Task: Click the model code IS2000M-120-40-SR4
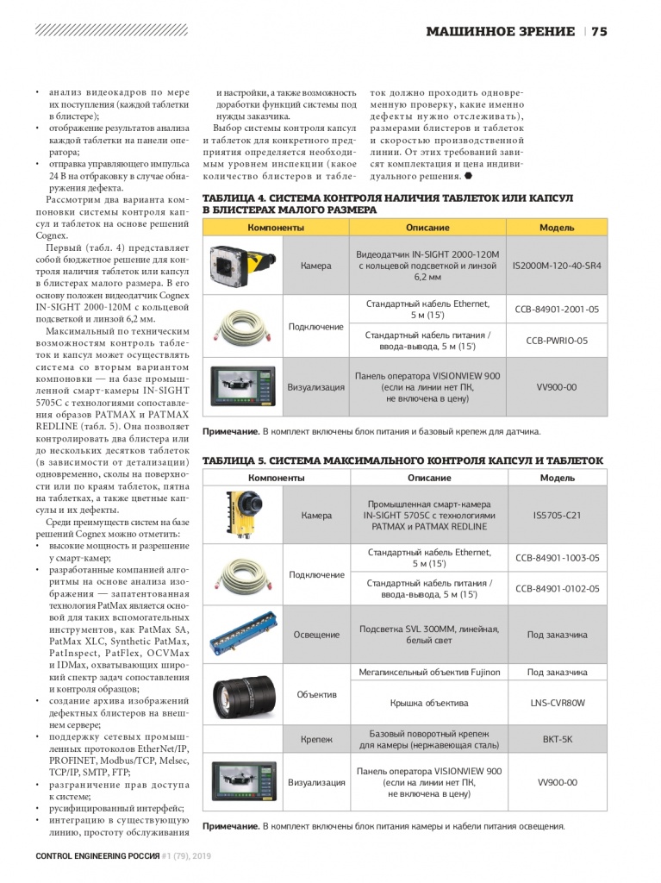[x=557, y=266]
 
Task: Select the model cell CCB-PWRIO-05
[x=557, y=341]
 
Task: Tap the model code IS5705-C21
[x=557, y=515]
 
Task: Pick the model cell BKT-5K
[x=557, y=739]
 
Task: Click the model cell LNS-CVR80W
[x=557, y=703]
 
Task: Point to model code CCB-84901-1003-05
[x=557, y=558]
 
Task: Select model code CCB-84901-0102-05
[x=557, y=589]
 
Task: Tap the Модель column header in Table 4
[x=557, y=227]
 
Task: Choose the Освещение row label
[x=316, y=635]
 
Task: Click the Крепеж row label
[x=316, y=739]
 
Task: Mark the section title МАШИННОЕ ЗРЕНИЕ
[x=501, y=32]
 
